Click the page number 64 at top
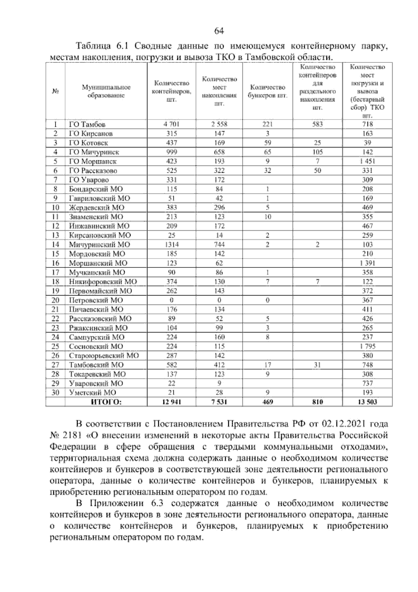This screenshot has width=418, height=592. [x=219, y=31]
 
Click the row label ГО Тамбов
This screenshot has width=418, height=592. [x=87, y=124]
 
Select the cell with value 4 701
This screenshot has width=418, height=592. [x=171, y=124]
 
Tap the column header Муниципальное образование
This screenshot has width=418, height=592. [x=106, y=91]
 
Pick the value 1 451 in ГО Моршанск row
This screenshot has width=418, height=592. [x=367, y=161]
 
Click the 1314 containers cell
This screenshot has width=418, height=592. [x=171, y=245]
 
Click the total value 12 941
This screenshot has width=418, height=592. [x=171, y=402]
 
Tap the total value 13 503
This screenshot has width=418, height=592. [x=367, y=402]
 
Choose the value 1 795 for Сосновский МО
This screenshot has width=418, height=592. [x=367, y=346]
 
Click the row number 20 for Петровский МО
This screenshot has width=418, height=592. [x=55, y=300]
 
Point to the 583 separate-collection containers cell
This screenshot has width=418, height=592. [x=317, y=124]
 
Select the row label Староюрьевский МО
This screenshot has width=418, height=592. [x=104, y=356]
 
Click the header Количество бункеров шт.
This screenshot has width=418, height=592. [x=268, y=91]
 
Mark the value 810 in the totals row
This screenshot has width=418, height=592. [x=317, y=402]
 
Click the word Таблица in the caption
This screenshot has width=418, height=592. [x=93, y=46]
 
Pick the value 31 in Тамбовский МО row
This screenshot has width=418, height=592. [x=317, y=365]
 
